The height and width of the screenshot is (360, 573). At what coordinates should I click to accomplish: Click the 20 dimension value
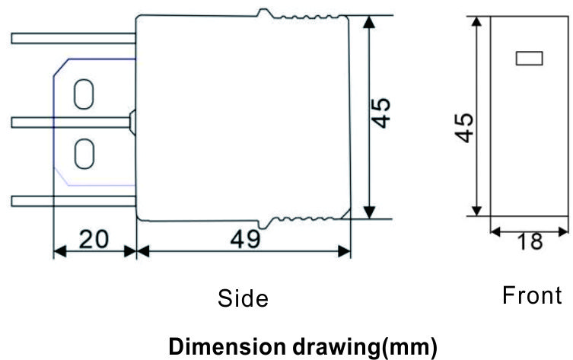pos(94,240)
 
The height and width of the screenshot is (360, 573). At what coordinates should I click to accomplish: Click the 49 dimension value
pos(246,240)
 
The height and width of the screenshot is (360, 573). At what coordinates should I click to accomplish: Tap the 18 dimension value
pos(530,241)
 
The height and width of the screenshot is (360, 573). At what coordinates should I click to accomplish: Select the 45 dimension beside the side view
pos(380,113)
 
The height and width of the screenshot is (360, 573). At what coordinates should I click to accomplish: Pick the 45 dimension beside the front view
pos(464,128)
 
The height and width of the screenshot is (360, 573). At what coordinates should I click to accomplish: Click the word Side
pos(243,298)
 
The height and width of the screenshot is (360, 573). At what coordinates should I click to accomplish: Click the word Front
pos(532,295)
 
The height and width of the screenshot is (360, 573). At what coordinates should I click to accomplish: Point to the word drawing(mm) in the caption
pos(365,346)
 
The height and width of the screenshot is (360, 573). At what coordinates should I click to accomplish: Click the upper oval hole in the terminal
pos(84,94)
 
